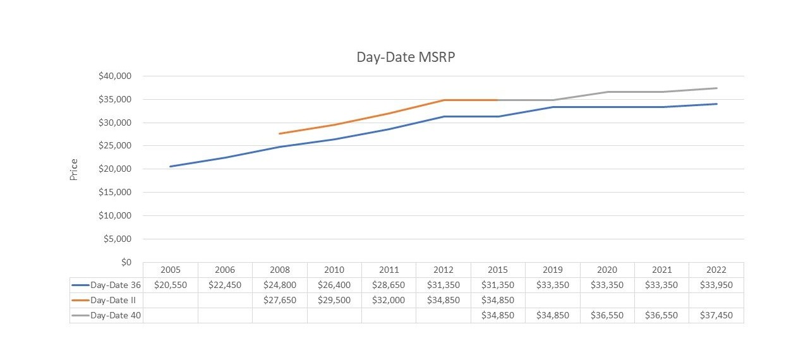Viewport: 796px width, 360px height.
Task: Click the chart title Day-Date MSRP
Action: pyautogui.click(x=406, y=57)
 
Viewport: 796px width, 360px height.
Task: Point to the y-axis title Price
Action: pyautogui.click(x=74, y=169)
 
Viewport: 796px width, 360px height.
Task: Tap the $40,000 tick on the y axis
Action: pyautogui.click(x=115, y=76)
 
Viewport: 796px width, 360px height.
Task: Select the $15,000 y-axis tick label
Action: pyautogui.click(x=115, y=193)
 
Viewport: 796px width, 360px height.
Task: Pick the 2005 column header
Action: pyautogui.click(x=170, y=270)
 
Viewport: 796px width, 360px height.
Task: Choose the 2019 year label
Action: pyautogui.click(x=552, y=270)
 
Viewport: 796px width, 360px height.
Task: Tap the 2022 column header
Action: pyautogui.click(x=716, y=270)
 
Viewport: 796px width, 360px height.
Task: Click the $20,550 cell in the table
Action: pyautogui.click(x=170, y=285)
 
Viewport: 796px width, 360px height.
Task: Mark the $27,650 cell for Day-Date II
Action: pyautogui.click(x=279, y=300)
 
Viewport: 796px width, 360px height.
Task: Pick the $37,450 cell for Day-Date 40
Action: pyautogui.click(x=716, y=315)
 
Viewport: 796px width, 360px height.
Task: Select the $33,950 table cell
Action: pyautogui.click(x=716, y=285)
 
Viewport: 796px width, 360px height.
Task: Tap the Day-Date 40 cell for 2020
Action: pyautogui.click(x=607, y=315)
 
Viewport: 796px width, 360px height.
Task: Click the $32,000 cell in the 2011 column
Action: pyautogui.click(x=389, y=300)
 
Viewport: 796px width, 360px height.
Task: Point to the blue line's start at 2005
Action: pyautogui.click(x=171, y=166)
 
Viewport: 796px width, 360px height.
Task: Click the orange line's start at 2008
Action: pyautogui.click(x=279, y=133)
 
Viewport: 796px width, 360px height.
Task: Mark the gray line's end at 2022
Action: pyautogui.click(x=716, y=88)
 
